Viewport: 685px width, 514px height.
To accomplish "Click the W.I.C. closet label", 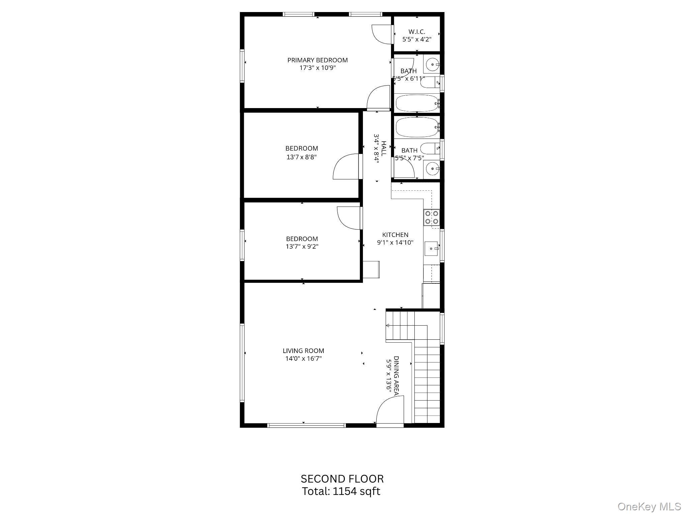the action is point(416,32).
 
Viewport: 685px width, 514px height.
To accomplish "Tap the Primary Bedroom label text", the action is point(317,60).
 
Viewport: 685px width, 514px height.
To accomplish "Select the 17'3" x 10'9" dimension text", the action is point(317,68).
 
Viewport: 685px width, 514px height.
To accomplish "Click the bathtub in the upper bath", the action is point(417,103).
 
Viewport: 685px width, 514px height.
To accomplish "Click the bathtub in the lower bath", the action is point(417,127).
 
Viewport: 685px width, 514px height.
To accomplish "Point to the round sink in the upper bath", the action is point(433,64).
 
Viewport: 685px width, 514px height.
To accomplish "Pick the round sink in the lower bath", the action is point(433,169).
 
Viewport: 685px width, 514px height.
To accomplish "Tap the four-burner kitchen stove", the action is point(431,217).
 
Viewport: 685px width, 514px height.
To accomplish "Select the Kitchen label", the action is point(395,235).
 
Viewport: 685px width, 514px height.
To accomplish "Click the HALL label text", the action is point(384,149).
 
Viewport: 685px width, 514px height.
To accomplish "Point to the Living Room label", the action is point(303,351).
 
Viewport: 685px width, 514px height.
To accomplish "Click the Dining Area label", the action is point(396,376).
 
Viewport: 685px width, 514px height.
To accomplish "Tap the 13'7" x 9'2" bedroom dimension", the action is point(302,247).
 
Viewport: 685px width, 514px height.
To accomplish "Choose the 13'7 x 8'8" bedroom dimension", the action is point(301,157).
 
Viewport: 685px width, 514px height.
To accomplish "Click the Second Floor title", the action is point(342,479).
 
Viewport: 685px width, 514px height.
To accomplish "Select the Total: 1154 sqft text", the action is point(341,492).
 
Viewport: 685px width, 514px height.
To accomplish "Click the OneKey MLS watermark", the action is point(650,507).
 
